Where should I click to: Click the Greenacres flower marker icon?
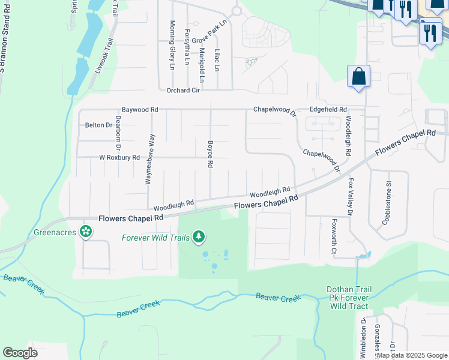[86, 230]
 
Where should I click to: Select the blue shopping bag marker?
[358, 77]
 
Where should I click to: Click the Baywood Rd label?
[139, 110]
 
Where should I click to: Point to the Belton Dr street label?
[98, 125]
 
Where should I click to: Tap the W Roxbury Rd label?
[119, 158]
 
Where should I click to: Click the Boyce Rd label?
[210, 154]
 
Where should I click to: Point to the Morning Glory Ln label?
[172, 46]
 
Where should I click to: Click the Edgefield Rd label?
[328, 110]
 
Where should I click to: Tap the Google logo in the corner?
[20, 352]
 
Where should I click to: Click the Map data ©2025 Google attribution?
[412, 355]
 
